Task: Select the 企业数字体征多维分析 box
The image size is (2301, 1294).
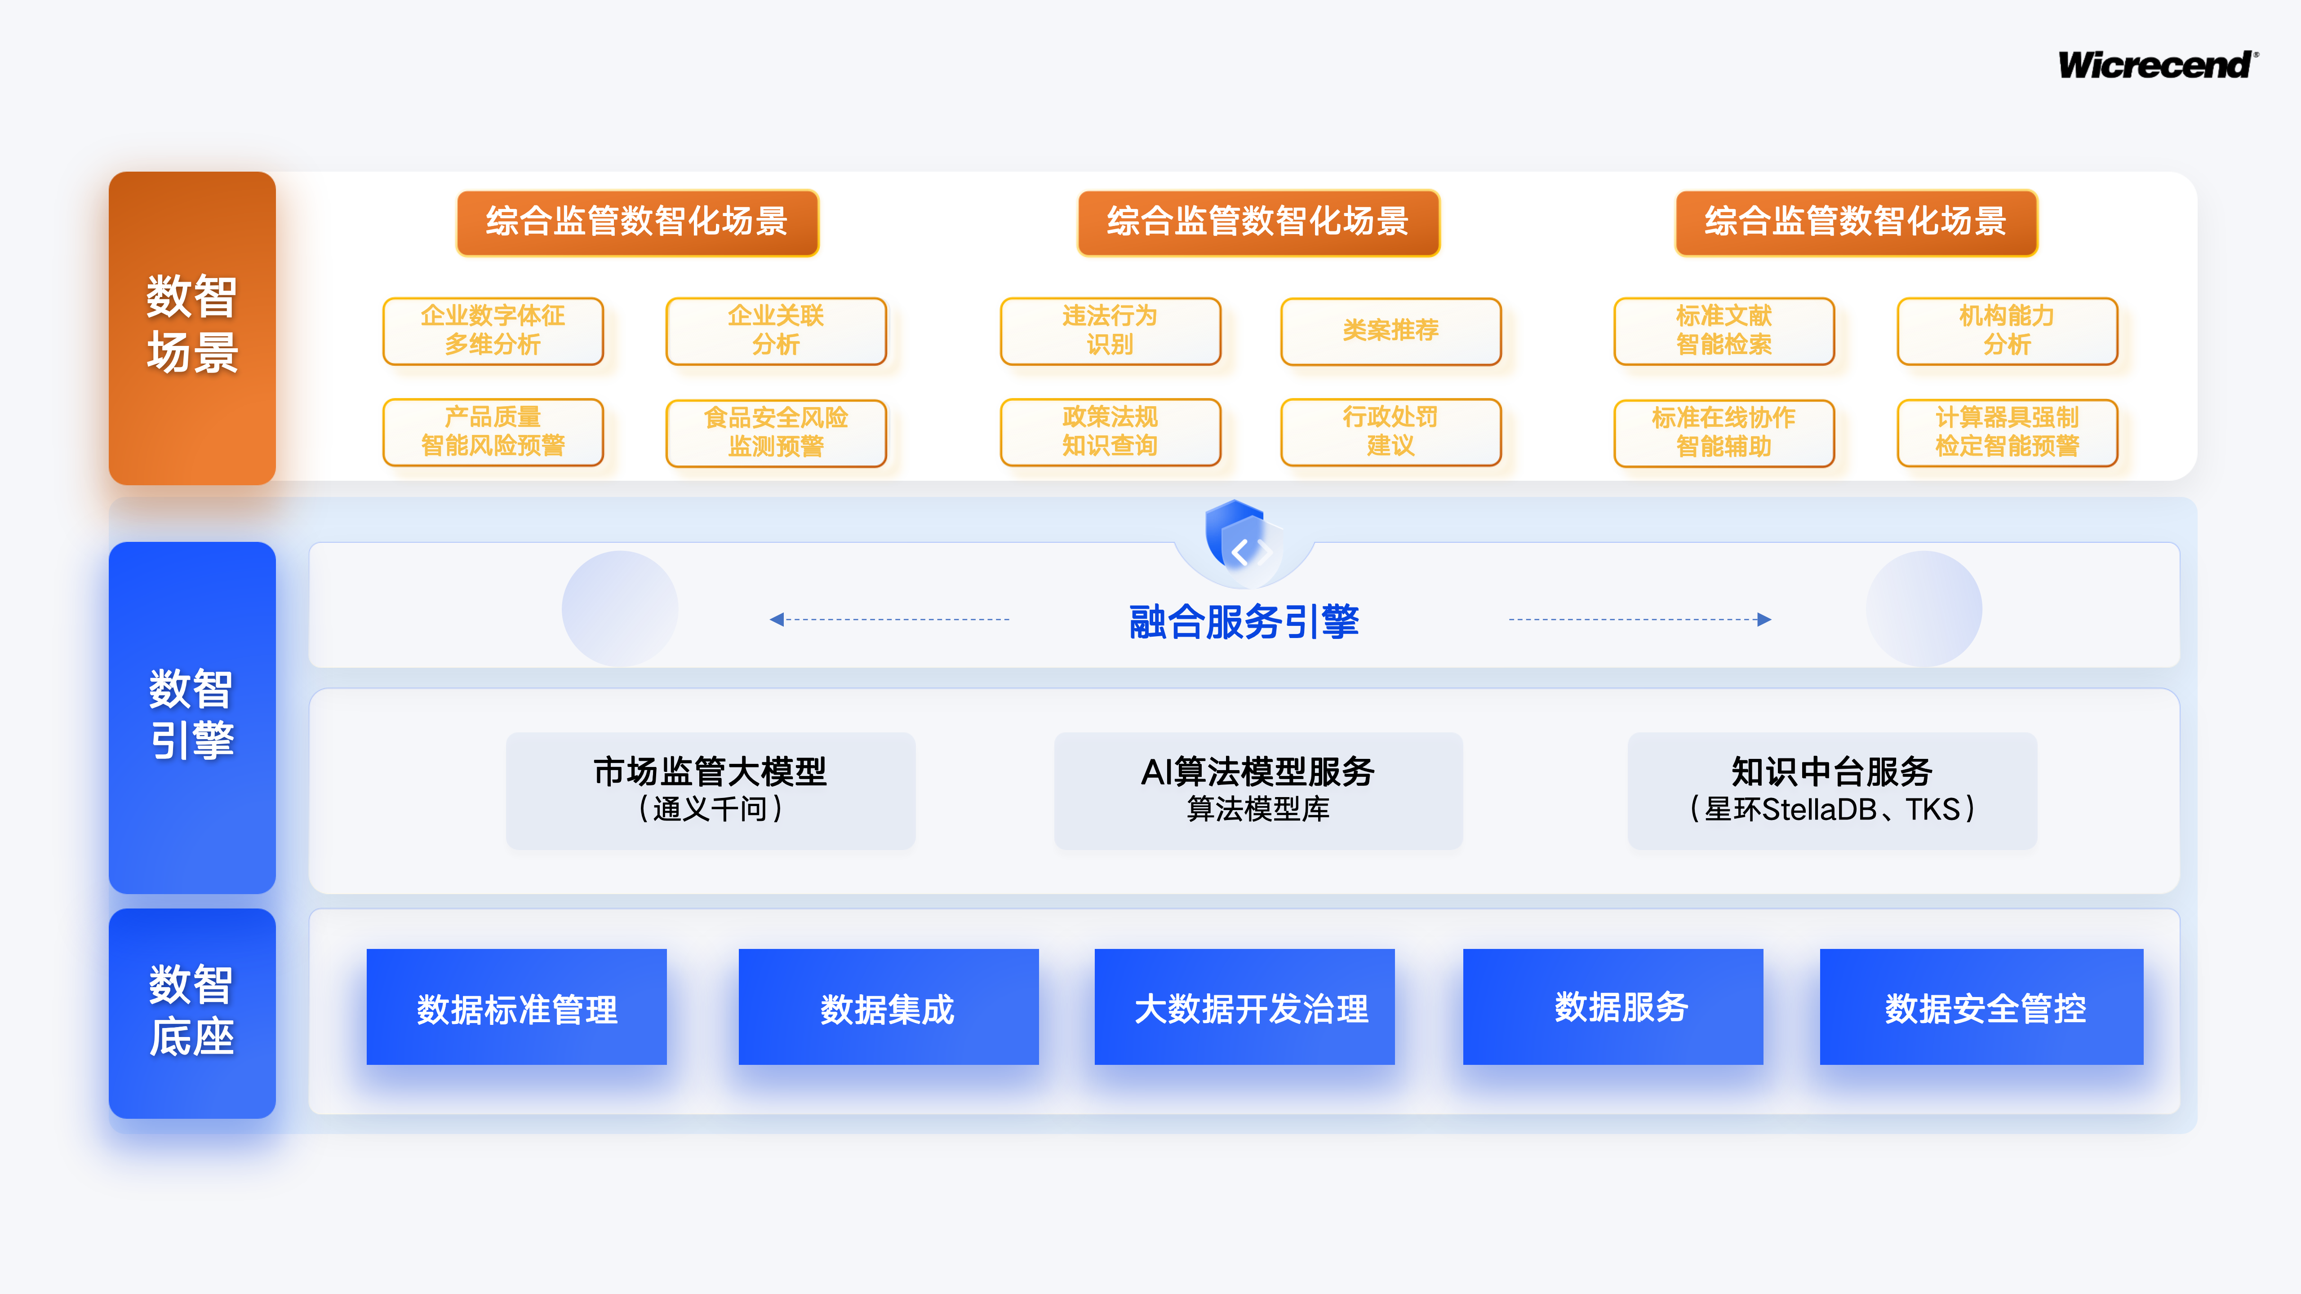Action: (x=493, y=330)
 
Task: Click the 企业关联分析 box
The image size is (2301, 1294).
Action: (x=775, y=330)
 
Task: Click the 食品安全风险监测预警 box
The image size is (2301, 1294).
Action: (x=775, y=432)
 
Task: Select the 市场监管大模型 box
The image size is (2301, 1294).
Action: (x=710, y=789)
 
